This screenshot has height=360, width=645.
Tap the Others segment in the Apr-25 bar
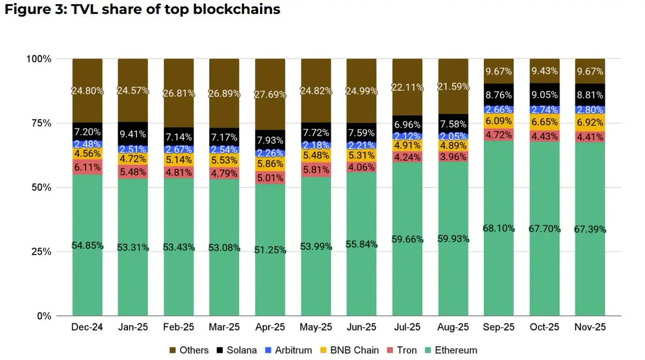pos(270,94)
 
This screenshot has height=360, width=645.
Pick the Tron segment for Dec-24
pos(87,167)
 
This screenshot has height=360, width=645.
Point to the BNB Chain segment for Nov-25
pos(590,123)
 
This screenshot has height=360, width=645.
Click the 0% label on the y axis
pos(43,316)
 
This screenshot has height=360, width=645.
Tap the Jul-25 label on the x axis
pos(407,328)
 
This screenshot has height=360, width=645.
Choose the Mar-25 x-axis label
pos(224,328)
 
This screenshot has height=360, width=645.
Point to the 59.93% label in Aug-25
pos(453,238)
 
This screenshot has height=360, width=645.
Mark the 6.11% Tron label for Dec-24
pos(87,167)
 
